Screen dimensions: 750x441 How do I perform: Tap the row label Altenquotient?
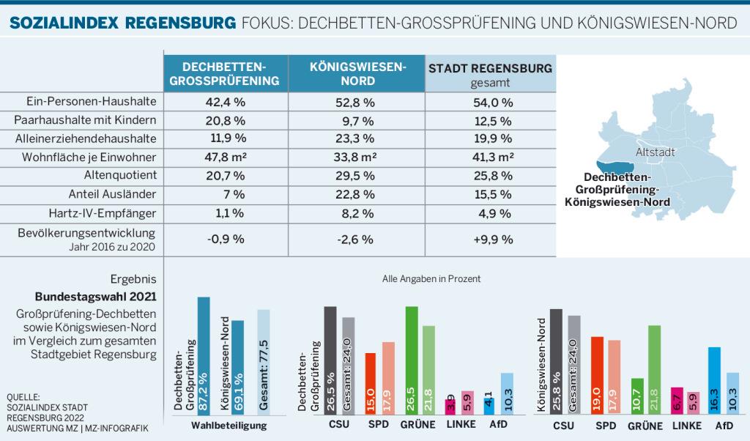pyautogui.click(x=120, y=175)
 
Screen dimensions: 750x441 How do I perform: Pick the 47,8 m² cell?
pyautogui.click(x=226, y=157)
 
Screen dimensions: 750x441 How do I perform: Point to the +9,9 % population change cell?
pyautogui.click(x=493, y=239)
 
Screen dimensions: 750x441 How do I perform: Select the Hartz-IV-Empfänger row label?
pyautogui.click(x=103, y=213)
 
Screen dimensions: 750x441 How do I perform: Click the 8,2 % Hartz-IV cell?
pyautogui.click(x=357, y=213)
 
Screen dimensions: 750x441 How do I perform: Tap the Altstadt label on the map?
pyautogui.click(x=655, y=152)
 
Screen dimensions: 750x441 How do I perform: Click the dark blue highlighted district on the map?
pyautogui.click(x=615, y=168)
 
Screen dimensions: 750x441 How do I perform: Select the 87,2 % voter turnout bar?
pyautogui.click(x=204, y=355)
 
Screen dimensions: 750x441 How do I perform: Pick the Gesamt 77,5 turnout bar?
pyautogui.click(x=264, y=360)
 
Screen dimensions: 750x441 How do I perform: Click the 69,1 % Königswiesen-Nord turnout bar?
pyautogui.click(x=238, y=366)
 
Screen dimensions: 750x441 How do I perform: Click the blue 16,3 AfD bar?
pyautogui.click(x=714, y=380)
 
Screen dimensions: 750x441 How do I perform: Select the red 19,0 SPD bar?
pyautogui.click(x=597, y=375)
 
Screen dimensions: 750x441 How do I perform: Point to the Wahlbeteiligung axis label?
pyautogui.click(x=229, y=425)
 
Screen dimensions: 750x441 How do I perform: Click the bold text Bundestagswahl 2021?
pyautogui.click(x=96, y=297)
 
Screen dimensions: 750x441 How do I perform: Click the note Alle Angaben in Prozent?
pyautogui.click(x=431, y=279)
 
